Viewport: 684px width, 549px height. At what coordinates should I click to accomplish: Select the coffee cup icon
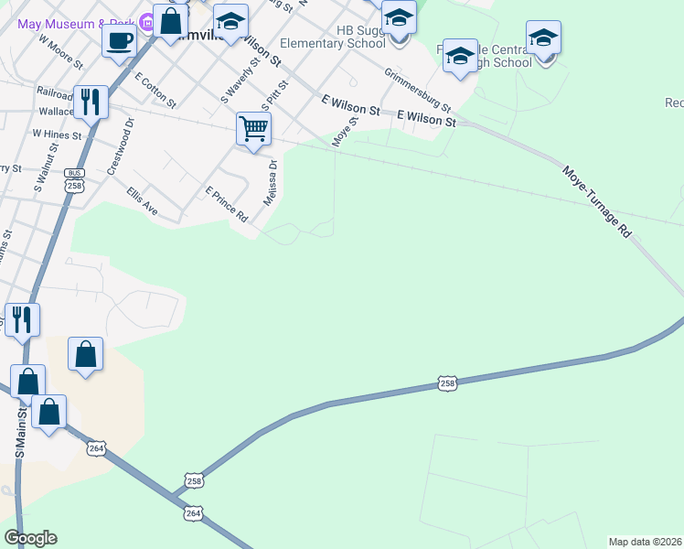tap(120, 39)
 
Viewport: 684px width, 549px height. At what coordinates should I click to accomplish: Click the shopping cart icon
tap(253, 128)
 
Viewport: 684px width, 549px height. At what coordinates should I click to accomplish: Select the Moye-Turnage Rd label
tap(597, 202)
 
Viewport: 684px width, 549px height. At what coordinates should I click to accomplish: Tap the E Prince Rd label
tap(227, 205)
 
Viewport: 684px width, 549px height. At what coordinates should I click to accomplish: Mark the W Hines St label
tap(57, 134)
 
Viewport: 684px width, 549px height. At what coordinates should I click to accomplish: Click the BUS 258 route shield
tap(75, 180)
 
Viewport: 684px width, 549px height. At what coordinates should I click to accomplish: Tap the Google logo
tap(30, 538)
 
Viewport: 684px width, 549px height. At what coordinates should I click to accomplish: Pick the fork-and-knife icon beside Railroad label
tap(90, 102)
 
